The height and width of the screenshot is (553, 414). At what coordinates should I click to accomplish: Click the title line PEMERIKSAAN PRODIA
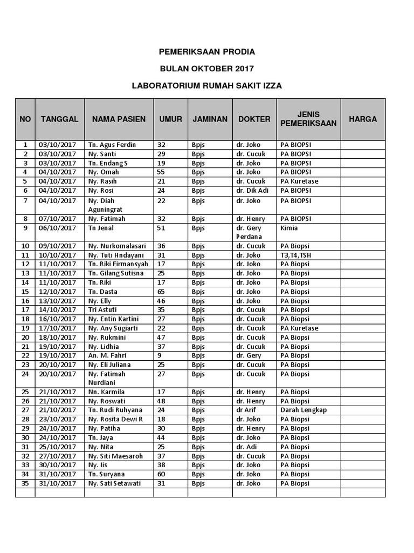(x=207, y=52)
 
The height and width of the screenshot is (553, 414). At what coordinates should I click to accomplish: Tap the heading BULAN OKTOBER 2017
(x=207, y=69)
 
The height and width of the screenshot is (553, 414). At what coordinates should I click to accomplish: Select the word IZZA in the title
(x=271, y=85)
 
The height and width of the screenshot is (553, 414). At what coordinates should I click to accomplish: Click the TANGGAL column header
(x=59, y=119)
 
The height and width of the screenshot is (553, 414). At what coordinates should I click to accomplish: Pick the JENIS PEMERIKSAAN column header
(x=308, y=119)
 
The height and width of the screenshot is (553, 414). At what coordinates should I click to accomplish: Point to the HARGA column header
(x=363, y=119)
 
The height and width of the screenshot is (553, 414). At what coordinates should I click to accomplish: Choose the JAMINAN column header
(x=210, y=119)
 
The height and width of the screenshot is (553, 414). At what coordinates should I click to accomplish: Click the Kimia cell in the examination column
(x=289, y=228)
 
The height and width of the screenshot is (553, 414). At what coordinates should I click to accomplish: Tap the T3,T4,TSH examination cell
(x=296, y=255)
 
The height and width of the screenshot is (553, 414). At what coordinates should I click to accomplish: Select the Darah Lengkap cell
(x=303, y=410)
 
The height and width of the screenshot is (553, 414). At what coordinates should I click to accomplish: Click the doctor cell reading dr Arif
(x=246, y=410)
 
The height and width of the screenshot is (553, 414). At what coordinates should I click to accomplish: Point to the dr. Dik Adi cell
(x=252, y=191)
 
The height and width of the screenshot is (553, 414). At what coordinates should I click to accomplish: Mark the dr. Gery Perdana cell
(x=249, y=232)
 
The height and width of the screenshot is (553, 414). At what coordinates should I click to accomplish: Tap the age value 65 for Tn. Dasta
(x=161, y=292)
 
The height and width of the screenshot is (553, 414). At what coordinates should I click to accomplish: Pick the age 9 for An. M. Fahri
(x=160, y=355)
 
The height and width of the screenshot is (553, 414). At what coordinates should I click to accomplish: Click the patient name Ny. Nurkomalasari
(x=116, y=246)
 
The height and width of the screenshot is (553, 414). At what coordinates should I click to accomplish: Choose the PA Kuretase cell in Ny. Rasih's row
(x=299, y=181)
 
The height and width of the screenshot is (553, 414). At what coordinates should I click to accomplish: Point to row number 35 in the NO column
(x=25, y=483)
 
